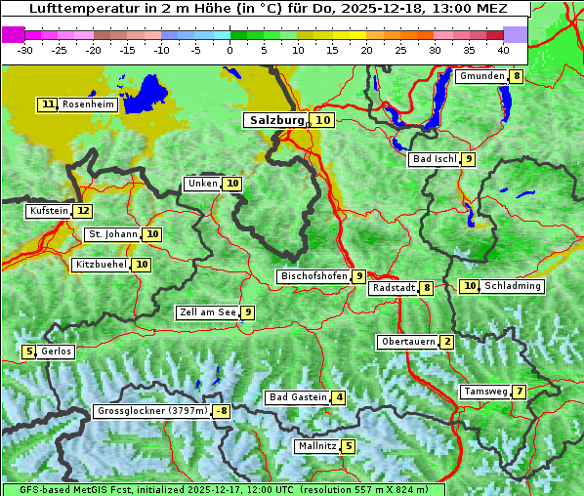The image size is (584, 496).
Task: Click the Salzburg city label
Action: point(274,120)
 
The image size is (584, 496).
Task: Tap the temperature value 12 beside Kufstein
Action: point(83,211)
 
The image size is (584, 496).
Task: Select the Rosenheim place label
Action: point(88,104)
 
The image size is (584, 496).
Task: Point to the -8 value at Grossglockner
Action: point(222,412)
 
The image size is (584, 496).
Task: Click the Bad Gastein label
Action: point(298,397)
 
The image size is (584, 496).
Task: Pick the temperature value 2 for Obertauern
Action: point(446,342)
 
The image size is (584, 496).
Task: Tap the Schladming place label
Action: point(513,286)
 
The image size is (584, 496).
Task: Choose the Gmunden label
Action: point(481,76)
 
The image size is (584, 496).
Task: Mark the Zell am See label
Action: point(208,312)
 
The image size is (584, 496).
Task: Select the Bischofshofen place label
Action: point(313,276)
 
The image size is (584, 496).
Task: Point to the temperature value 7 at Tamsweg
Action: point(521,392)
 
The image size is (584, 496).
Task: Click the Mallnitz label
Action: point(316,446)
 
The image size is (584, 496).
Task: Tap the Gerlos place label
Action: point(57,351)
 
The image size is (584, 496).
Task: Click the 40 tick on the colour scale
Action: point(503,49)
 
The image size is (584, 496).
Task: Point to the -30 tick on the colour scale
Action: point(24,49)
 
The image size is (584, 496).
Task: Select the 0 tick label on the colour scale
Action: point(229,49)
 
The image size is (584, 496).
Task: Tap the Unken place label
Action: point(202,184)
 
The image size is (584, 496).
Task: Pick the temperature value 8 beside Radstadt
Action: point(427,288)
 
